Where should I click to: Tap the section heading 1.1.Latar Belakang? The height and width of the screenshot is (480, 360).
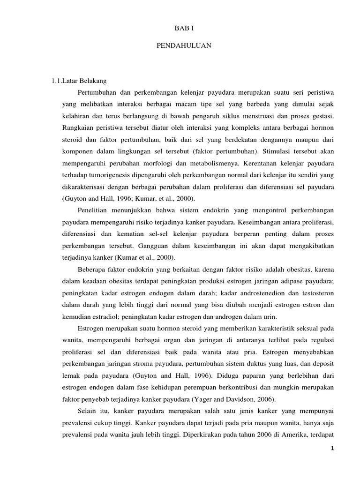(x=79, y=80)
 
